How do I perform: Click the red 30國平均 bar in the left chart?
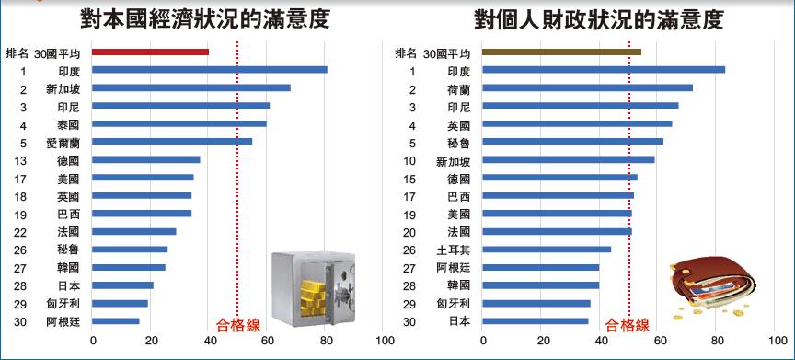click(x=150, y=52)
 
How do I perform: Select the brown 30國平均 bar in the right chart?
click(x=561, y=52)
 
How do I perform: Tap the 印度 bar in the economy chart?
click(x=209, y=70)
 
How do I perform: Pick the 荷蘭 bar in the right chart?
click(x=587, y=88)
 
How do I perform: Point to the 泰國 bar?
click(x=179, y=123)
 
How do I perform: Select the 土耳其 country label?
click(x=453, y=250)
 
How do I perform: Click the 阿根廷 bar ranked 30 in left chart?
click(x=116, y=321)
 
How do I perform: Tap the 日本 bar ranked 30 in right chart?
click(x=535, y=321)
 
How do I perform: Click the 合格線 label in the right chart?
click(x=628, y=324)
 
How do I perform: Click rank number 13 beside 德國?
click(x=20, y=160)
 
